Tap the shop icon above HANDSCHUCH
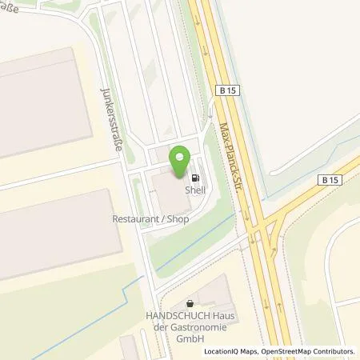point(190,302)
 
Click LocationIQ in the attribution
point(222,351)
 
